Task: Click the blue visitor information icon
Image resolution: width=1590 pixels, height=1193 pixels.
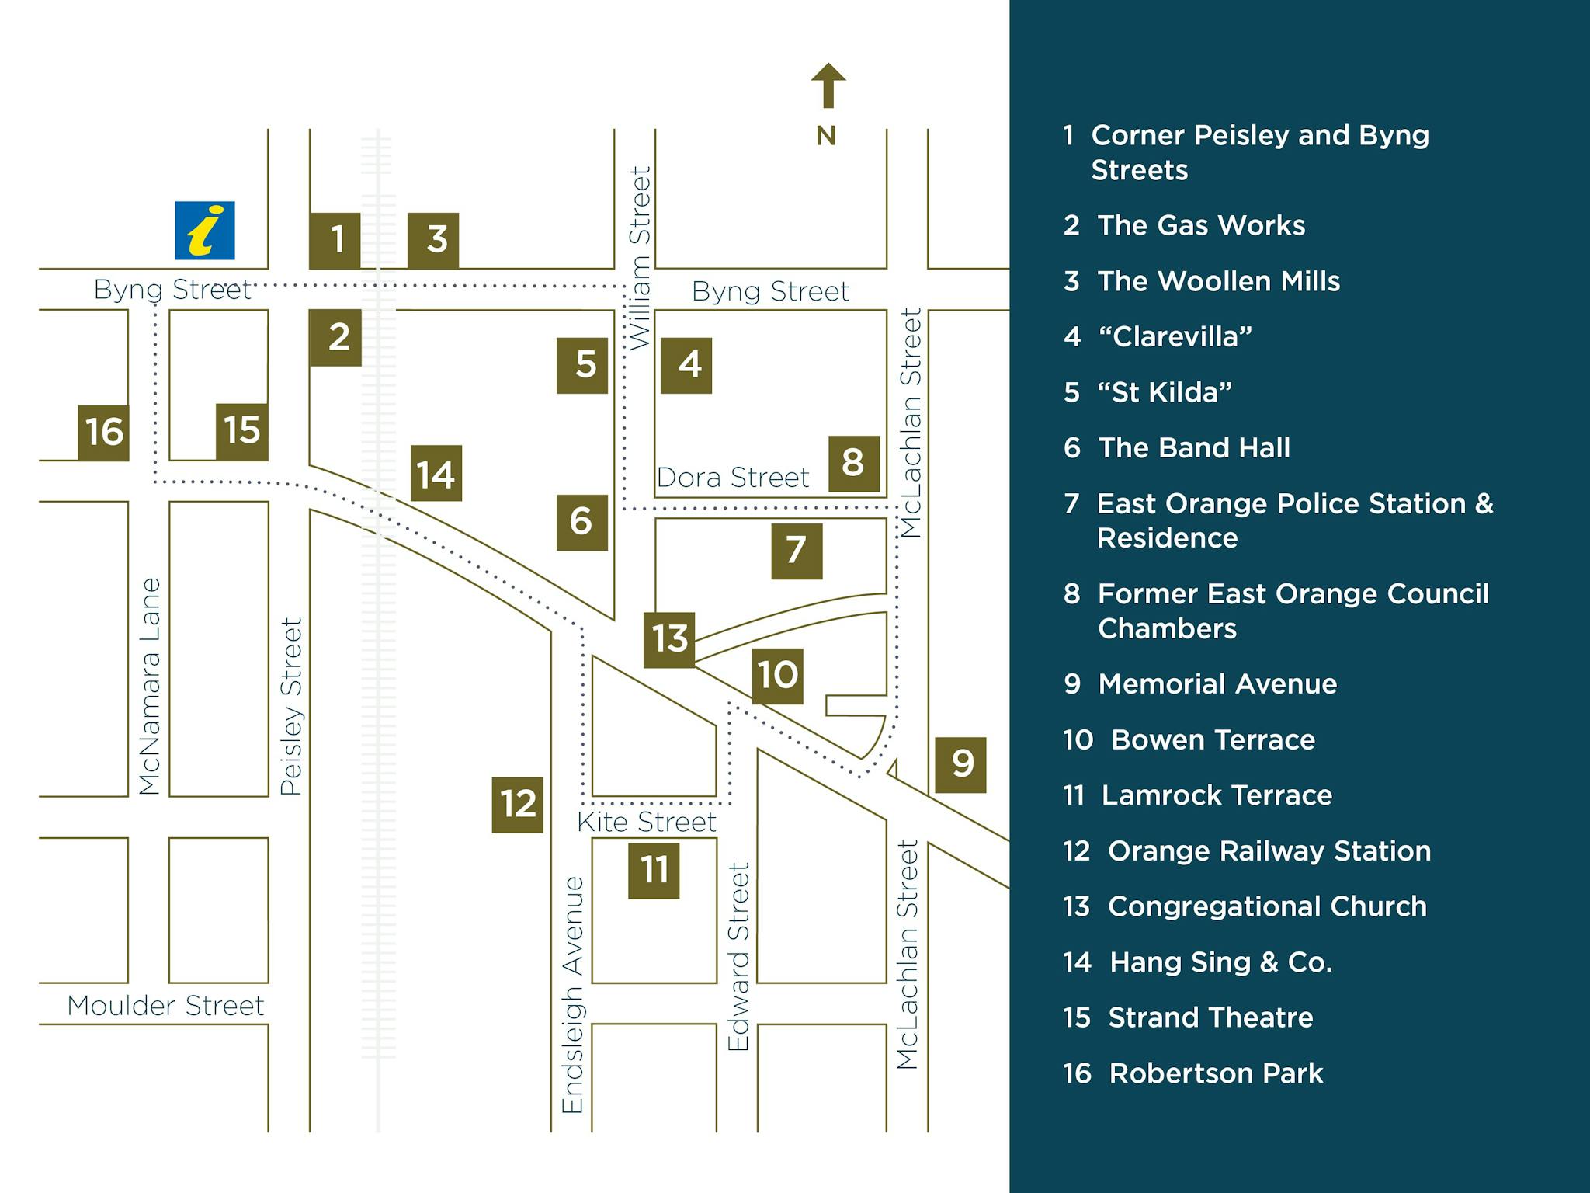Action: click(x=205, y=231)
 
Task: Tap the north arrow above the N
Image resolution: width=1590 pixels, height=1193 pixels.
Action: click(x=828, y=85)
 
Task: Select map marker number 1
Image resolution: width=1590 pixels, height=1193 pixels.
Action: click(x=335, y=240)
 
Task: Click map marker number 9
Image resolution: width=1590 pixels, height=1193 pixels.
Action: click(x=960, y=764)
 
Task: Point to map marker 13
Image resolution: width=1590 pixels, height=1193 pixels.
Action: click(x=669, y=639)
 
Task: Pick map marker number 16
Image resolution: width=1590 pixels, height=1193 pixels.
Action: click(x=104, y=433)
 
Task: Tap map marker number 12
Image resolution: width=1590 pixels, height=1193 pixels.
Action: click(x=518, y=805)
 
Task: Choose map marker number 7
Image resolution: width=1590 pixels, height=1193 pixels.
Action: click(x=797, y=551)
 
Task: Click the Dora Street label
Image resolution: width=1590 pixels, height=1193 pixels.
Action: click(x=733, y=477)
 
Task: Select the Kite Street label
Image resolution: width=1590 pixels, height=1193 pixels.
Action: click(x=647, y=822)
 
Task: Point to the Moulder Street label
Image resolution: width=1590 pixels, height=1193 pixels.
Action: click(x=165, y=1006)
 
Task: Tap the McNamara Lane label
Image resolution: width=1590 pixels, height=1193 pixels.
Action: click(x=149, y=686)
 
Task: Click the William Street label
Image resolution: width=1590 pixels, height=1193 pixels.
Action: click(x=640, y=258)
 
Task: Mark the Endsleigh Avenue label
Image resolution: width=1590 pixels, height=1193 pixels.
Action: click(x=573, y=995)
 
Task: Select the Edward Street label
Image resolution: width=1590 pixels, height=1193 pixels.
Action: click(x=738, y=957)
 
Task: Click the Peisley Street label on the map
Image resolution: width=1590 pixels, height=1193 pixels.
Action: click(x=290, y=707)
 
